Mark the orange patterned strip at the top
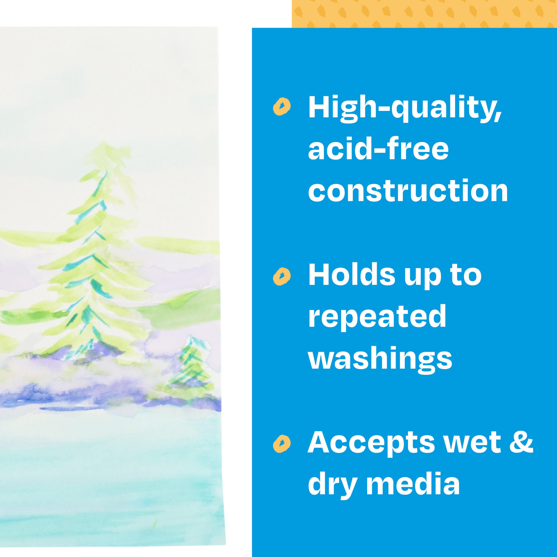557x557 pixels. coord(424,14)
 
